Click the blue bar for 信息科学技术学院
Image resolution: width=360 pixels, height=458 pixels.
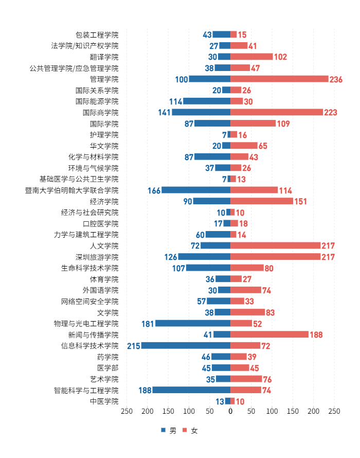(186, 346)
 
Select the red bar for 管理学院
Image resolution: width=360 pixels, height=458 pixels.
(279, 79)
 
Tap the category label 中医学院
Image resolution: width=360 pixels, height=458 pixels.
(104, 401)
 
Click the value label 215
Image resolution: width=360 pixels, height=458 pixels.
(134, 346)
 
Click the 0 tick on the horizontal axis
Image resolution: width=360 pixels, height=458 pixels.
(230, 412)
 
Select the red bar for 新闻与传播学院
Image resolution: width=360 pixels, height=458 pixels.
(269, 334)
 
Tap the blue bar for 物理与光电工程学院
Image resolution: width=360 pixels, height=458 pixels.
(193, 324)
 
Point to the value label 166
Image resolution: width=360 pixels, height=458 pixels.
(154, 190)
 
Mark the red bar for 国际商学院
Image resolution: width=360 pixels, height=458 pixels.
(277, 112)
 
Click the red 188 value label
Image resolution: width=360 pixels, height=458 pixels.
(316, 334)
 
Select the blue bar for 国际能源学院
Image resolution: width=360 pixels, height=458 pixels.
(207, 101)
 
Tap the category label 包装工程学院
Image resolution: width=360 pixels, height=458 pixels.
(97, 35)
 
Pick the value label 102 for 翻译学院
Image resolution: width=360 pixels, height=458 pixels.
(280, 57)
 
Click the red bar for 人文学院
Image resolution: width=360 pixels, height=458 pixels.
(275, 246)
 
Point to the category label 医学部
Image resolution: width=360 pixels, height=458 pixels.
(107, 368)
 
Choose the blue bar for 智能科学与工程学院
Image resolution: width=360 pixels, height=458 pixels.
(191, 390)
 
